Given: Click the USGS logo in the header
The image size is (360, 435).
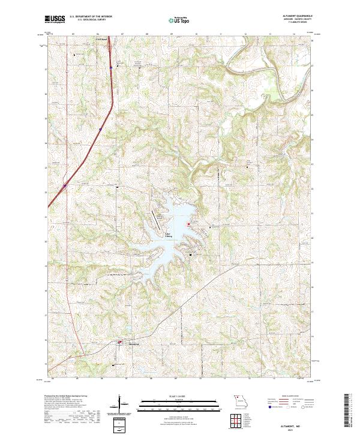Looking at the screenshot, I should point(55,19).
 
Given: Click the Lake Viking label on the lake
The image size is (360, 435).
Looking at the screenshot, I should point(169,236).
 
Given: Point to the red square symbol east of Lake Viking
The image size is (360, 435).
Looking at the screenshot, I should point(189,224).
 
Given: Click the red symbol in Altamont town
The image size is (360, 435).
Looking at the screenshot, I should point(119,343).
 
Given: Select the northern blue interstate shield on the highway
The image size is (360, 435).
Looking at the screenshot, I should point(111,68).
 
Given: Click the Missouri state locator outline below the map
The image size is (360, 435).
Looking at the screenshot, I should point(240,400).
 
